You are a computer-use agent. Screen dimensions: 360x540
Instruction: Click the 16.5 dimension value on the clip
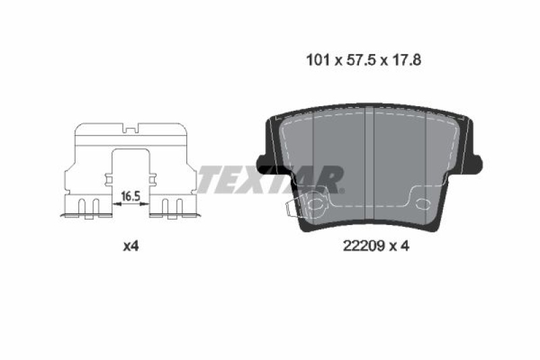coord(130,197)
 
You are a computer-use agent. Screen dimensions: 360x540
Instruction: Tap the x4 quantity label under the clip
coord(130,247)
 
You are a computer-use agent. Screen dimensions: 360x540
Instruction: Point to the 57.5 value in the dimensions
coord(357,59)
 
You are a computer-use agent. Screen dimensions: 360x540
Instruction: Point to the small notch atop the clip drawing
coord(130,126)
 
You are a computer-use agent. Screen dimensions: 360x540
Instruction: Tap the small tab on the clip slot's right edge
coord(151,179)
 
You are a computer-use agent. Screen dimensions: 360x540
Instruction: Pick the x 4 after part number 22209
coord(400,247)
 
